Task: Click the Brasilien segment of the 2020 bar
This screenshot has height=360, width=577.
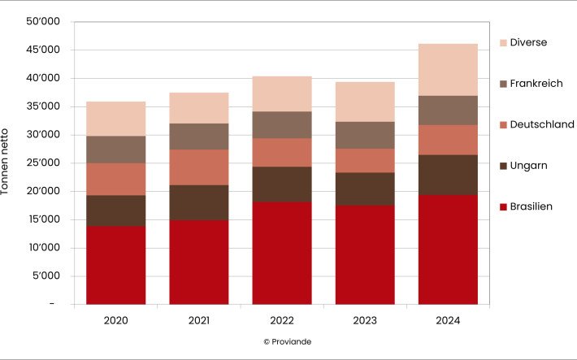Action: coord(115,265)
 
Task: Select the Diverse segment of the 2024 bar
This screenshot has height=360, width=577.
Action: coord(448,69)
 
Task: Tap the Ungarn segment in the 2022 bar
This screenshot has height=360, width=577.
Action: coord(282,184)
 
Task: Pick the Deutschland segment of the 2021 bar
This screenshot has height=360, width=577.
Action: coord(199,167)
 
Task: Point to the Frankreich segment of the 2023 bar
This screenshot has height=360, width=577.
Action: coord(365,135)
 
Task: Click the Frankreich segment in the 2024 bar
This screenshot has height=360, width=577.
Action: coord(448,110)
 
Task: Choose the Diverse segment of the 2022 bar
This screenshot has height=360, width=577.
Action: coord(282,93)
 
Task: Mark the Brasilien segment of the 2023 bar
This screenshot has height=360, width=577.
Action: coord(365,254)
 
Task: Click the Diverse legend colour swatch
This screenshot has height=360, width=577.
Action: coord(503,42)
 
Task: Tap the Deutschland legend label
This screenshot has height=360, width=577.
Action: coord(542,124)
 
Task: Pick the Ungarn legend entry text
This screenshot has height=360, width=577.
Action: coord(528,166)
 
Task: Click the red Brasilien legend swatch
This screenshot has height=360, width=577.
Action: coord(503,207)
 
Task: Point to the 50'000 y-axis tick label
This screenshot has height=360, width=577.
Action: coord(43,22)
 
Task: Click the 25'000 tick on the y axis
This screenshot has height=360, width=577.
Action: coord(43,163)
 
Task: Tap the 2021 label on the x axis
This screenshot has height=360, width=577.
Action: coord(199,321)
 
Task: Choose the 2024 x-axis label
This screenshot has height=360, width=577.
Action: coord(448,321)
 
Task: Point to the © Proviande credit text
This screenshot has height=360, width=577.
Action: coord(288,342)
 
